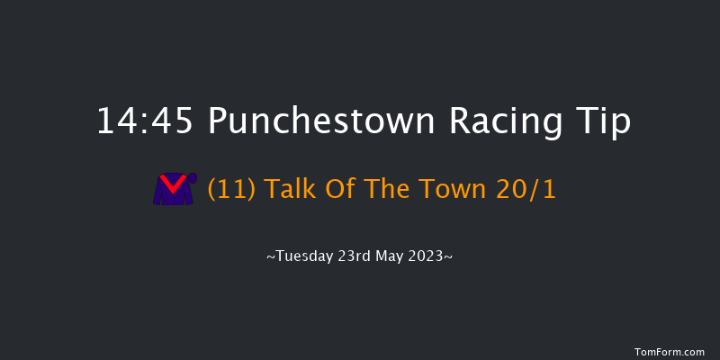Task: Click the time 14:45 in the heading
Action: pos(145,121)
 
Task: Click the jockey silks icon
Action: pos(175,189)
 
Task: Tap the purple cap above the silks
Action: pos(190,176)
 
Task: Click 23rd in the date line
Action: pos(353,256)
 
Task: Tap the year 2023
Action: pos(426,256)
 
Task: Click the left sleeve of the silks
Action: pos(159,193)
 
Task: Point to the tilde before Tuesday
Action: pos(271,256)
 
